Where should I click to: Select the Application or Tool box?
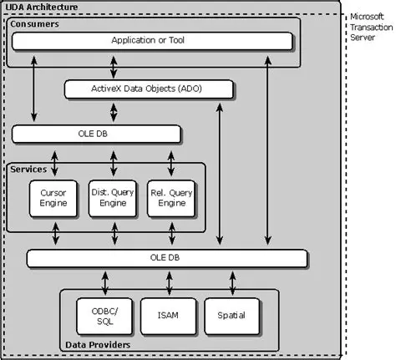point(150,40)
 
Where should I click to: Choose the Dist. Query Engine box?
point(112,197)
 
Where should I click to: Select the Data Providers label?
point(98,343)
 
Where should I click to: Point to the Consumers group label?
point(35,25)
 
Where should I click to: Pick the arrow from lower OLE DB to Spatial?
point(228,280)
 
